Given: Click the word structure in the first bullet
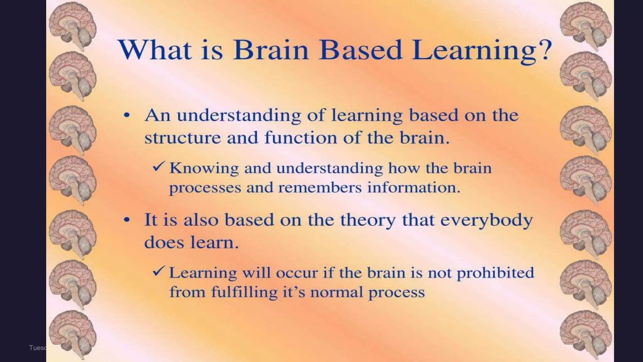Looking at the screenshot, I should click(x=182, y=138).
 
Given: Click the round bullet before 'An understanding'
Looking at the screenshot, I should click(x=127, y=115).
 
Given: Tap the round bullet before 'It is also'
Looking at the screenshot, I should click(x=127, y=220).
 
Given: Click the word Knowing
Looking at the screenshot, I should click(x=204, y=169).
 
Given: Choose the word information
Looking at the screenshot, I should click(x=413, y=188).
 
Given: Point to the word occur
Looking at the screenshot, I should click(x=297, y=273).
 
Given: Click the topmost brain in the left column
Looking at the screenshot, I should click(x=73, y=25).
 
